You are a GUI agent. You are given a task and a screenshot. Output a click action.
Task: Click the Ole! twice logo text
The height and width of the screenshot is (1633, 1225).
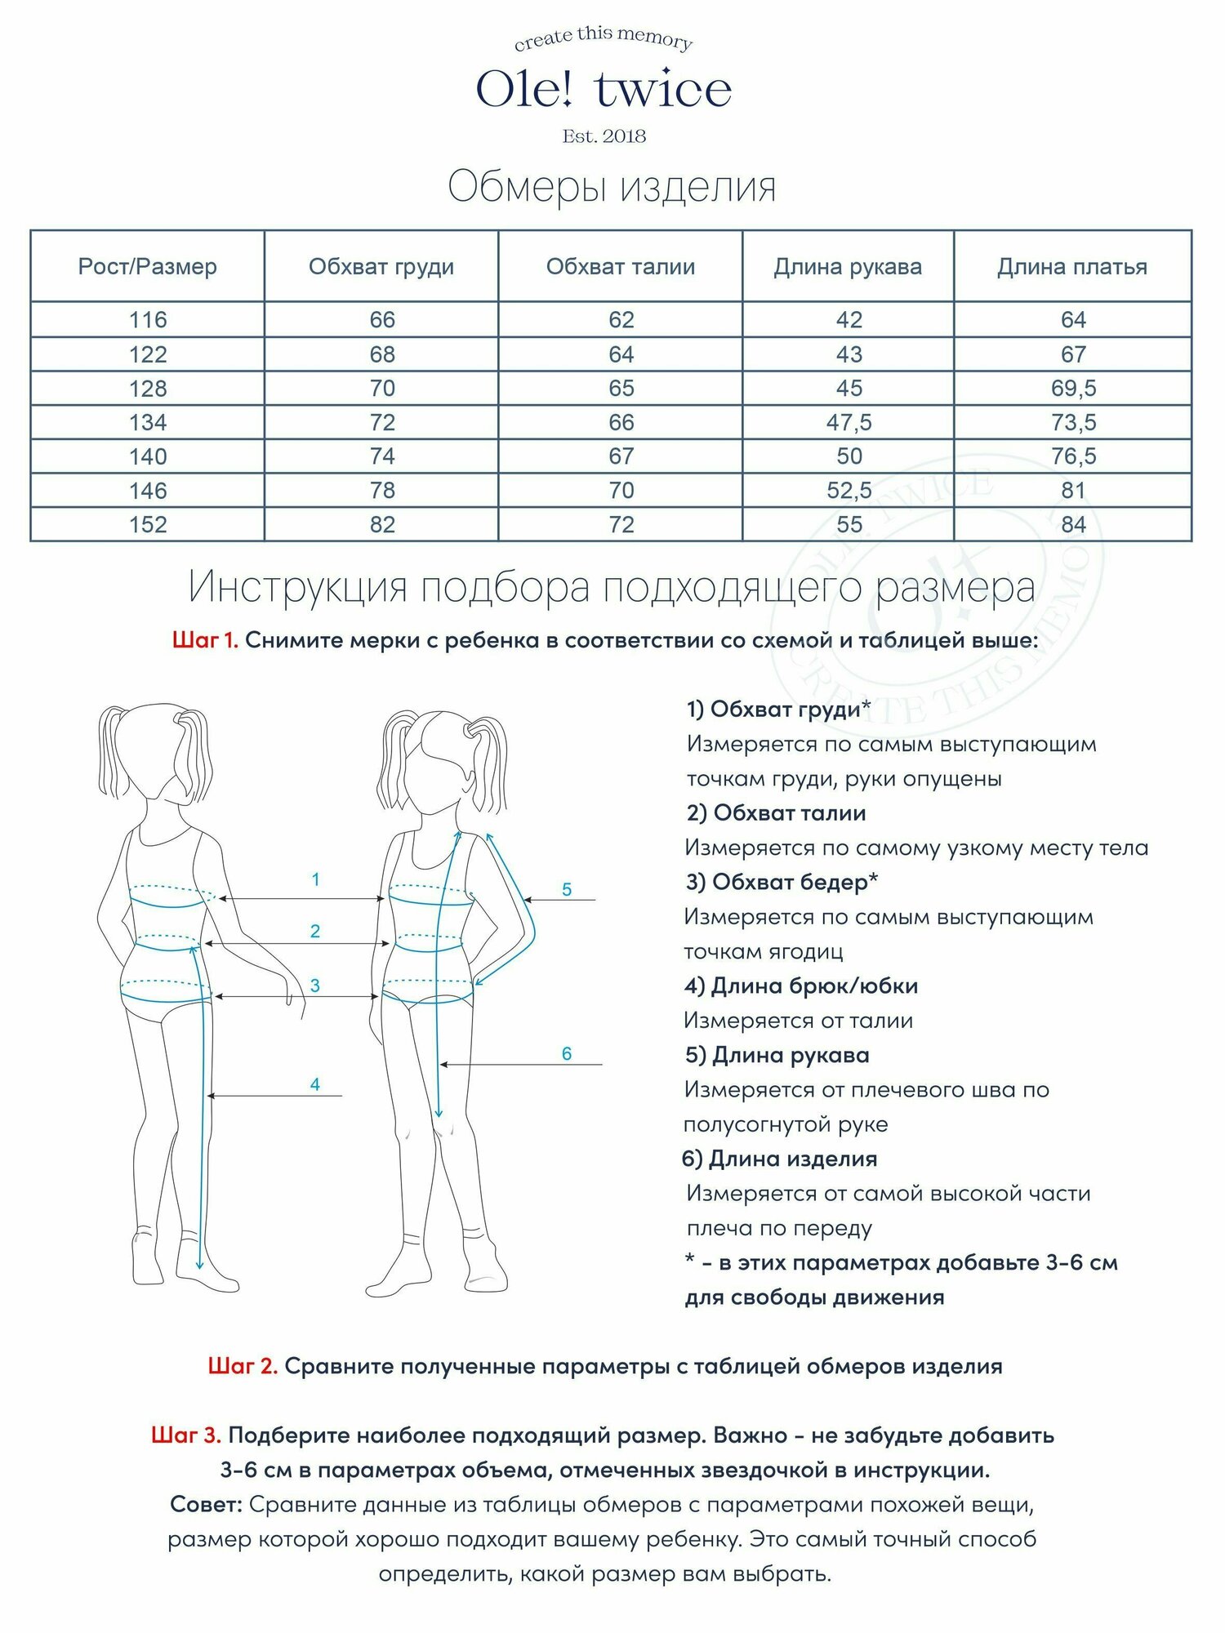(604, 89)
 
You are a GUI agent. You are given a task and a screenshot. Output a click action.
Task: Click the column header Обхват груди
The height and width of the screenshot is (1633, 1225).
(381, 267)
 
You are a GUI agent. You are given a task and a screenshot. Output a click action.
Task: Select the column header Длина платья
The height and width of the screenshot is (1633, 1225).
(1072, 267)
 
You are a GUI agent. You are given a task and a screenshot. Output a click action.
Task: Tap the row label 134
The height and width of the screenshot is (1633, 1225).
(148, 422)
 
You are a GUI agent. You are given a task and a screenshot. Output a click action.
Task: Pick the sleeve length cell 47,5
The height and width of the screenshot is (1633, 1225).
(849, 422)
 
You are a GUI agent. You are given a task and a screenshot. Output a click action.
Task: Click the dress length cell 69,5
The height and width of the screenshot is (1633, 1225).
(1073, 389)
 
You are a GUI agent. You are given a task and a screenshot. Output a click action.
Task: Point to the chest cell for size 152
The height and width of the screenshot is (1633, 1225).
(382, 524)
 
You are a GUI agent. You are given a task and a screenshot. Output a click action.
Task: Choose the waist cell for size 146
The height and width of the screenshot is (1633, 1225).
(621, 490)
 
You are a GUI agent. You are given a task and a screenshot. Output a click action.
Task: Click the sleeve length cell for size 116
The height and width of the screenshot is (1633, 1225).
(849, 320)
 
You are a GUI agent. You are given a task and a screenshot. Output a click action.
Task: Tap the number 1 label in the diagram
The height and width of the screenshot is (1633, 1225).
(316, 879)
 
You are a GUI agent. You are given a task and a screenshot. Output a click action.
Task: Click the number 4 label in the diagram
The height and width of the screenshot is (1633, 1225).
(315, 1084)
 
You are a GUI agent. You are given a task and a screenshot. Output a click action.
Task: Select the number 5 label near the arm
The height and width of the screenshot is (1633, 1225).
(567, 889)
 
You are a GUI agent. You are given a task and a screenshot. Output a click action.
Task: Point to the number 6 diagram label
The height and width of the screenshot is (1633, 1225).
(567, 1053)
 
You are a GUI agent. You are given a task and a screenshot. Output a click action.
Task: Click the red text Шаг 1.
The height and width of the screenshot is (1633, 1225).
(205, 640)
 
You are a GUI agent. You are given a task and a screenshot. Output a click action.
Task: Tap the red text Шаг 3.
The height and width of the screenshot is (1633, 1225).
(186, 1435)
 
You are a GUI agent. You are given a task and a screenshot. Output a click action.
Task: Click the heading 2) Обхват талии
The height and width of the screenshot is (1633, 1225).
(776, 813)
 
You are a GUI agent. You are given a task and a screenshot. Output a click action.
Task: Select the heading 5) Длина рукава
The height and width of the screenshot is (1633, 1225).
(777, 1055)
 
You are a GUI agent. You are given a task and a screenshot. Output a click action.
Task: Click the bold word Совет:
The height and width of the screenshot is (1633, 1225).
(207, 1504)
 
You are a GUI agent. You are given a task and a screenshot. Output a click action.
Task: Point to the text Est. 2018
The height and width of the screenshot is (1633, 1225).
(604, 136)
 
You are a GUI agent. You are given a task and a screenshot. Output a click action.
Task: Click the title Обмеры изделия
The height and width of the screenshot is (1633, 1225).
(612, 187)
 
